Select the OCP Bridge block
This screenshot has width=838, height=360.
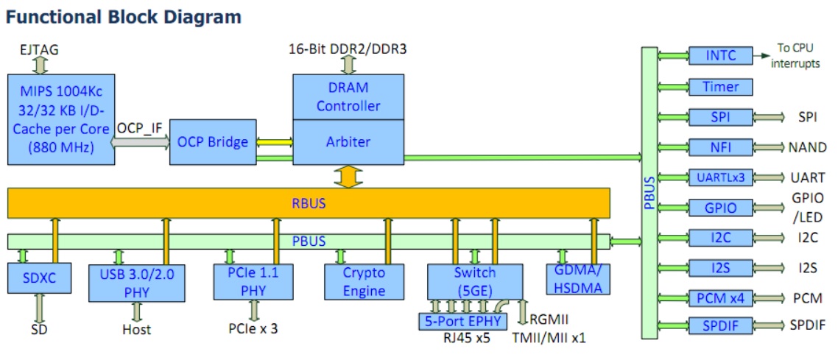(213, 141)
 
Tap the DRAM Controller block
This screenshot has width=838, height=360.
(348, 96)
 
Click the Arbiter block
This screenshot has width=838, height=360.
(348, 141)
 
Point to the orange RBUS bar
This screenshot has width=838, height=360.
(309, 202)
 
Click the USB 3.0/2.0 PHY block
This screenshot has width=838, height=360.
(136, 282)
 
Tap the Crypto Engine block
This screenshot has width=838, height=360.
(365, 281)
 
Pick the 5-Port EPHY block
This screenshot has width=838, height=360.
(462, 321)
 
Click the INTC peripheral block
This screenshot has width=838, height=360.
(721, 55)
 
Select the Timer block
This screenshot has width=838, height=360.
(721, 86)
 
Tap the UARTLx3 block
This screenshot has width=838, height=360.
(721, 177)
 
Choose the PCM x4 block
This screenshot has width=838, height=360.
(721, 298)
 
